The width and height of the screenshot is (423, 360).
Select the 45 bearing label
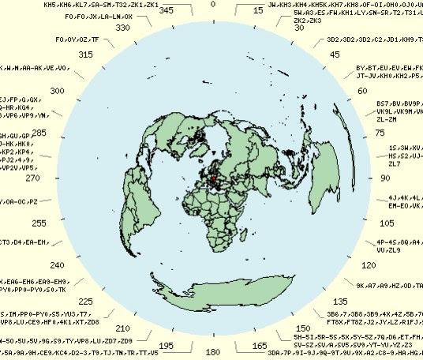pos(335,54)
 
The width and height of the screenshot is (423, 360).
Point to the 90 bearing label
pos(386,178)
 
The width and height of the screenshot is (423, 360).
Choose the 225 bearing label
pos(85,302)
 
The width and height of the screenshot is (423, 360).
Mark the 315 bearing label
pos(85,54)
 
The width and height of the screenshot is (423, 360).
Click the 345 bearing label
pos(167,11)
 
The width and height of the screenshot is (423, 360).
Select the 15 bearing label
pos(258,11)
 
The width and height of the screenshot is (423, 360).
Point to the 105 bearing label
pos(380,223)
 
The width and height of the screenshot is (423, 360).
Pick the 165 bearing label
pos(258,346)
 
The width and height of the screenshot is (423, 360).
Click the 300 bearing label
pos(58,91)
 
